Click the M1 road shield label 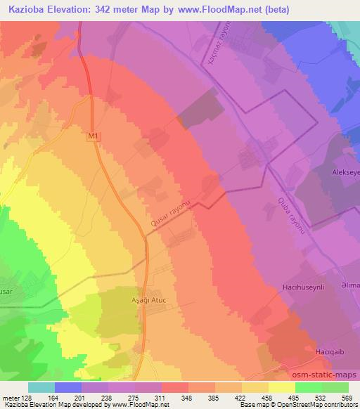(94, 136)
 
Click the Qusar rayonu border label (171, 212)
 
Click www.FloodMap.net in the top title (217, 9)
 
